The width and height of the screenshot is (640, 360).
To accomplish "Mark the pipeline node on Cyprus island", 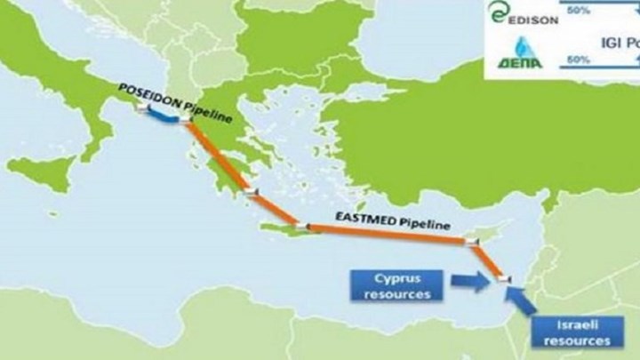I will point(471,240).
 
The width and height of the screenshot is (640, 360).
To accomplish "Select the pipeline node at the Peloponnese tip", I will point(254,192).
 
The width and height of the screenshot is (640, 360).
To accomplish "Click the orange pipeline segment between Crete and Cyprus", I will point(382,232).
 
